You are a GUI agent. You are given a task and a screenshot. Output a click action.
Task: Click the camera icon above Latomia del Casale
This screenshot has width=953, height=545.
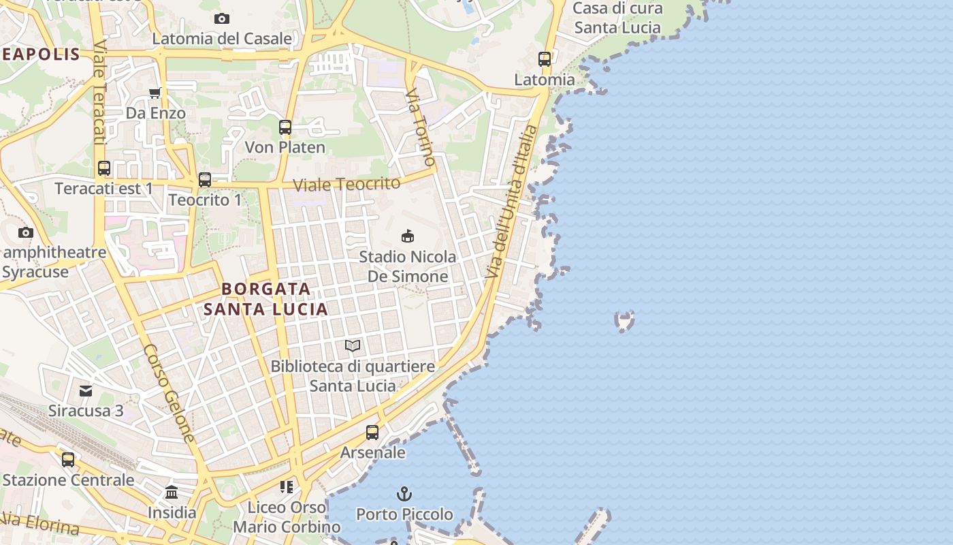coord(221,18)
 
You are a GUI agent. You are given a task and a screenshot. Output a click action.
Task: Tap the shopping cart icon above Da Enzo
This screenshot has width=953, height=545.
coord(155,93)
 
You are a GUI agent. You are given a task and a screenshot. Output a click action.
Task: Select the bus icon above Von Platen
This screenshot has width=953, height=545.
coord(285,127)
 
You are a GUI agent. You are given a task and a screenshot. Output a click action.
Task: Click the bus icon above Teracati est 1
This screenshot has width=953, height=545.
coord(104,168)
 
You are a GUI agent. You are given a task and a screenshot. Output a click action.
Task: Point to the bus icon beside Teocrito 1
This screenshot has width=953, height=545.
coord(205,180)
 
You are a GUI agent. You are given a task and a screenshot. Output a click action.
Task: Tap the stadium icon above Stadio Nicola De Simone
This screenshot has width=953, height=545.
coord(407,236)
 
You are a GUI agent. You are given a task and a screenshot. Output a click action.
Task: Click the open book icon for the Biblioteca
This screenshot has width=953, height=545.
coord(353,346)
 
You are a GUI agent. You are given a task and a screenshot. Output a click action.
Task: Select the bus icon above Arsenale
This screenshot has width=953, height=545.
coord(372,433)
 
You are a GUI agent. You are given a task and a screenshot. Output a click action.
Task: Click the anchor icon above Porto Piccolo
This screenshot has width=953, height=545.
coord(404,494)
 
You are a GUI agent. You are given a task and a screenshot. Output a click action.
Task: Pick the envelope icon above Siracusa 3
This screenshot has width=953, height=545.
coord(86,391)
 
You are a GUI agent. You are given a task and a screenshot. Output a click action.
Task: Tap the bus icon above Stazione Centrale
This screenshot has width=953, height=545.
coord(68,460)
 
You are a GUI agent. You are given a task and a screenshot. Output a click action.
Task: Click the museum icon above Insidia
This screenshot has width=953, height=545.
coord(172,492)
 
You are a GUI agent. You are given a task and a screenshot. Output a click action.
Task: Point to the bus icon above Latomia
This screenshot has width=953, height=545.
coord(545,59)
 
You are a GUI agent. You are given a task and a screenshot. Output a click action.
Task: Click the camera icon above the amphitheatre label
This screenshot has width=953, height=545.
coord(26,232)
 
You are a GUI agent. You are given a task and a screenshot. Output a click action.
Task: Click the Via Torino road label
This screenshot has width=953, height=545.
coord(420,127)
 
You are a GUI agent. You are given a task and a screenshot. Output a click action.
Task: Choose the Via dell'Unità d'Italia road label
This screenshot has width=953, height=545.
coord(512,201)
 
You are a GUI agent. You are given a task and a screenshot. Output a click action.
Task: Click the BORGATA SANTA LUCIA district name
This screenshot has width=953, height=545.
coord(266,299)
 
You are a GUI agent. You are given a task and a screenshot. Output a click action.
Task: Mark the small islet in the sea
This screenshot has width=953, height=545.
coord(624,320)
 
